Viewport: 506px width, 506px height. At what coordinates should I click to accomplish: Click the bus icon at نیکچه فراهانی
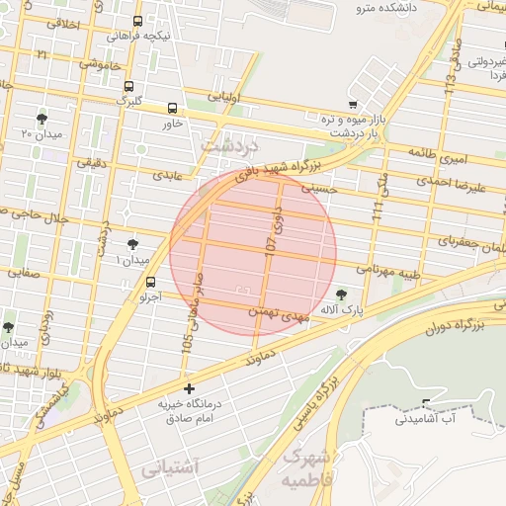pyautogui.click(x=135, y=20)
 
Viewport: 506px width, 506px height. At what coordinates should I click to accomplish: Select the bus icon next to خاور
pyautogui.click(x=173, y=108)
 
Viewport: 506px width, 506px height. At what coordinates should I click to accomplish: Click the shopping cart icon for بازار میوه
pyautogui.click(x=353, y=104)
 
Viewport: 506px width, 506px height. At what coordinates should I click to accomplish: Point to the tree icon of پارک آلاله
pyautogui.click(x=342, y=294)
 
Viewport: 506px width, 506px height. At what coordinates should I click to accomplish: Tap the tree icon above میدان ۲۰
pyautogui.click(x=41, y=118)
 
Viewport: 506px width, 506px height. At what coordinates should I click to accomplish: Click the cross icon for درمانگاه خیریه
pyautogui.click(x=189, y=388)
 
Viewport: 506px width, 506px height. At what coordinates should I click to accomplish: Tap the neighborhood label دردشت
pyautogui.click(x=228, y=144)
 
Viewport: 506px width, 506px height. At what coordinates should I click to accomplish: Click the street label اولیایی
pyautogui.click(x=221, y=97)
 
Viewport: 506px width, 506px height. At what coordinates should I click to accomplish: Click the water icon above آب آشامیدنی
pyautogui.click(x=426, y=402)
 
